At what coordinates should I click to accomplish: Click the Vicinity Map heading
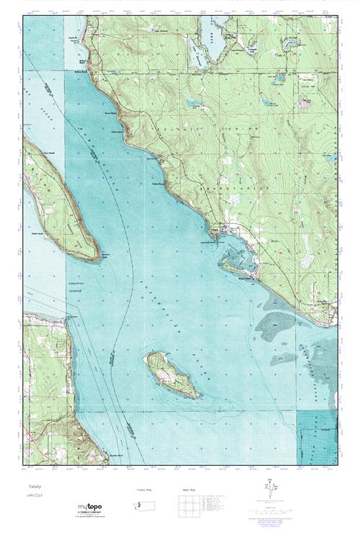pyautogui.click(x=145, y=489)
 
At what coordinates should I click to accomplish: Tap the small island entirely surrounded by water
pyautogui.click(x=172, y=374)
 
